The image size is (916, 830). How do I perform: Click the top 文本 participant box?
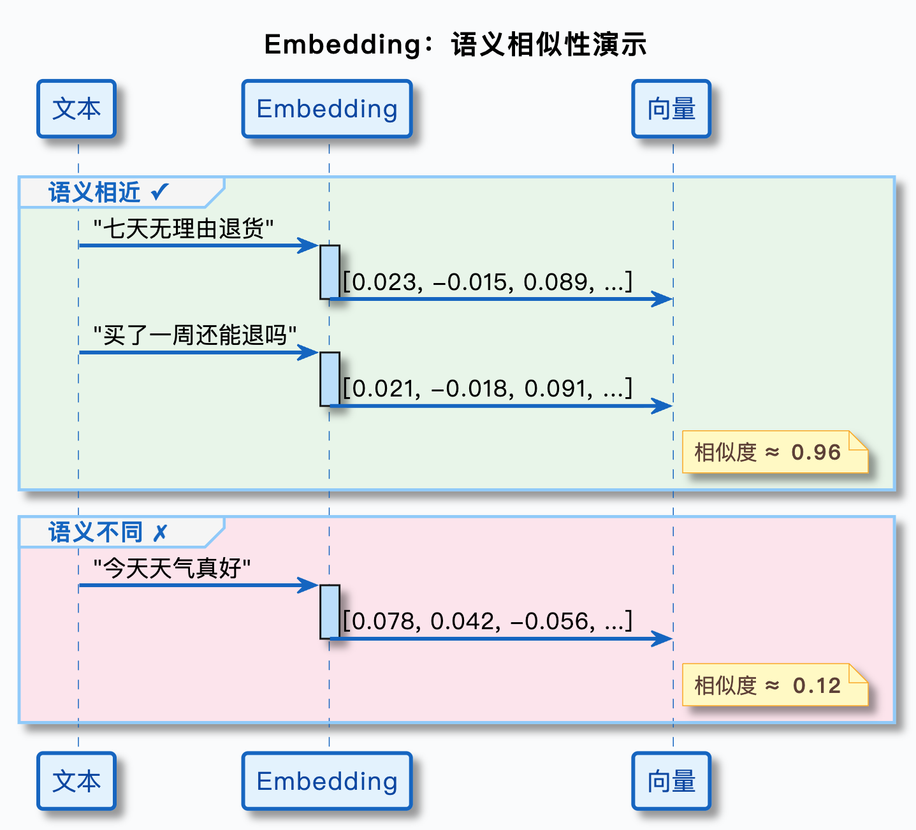76,109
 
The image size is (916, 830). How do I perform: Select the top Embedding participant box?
327,109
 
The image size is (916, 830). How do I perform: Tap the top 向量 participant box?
671,109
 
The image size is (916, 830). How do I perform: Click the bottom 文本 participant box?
76,781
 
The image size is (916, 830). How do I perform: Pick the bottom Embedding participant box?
327,781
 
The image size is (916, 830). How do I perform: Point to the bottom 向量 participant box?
671,781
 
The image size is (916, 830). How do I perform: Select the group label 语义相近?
94,193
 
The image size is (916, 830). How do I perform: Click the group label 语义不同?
96,532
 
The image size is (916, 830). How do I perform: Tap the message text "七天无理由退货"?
184,228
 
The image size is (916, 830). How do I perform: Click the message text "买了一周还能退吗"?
195,335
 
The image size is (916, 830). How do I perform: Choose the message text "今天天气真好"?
172,568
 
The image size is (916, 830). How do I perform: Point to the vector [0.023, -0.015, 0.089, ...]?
488,282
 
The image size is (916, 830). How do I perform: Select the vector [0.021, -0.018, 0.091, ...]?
488,388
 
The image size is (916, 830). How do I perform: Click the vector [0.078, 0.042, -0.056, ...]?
488,621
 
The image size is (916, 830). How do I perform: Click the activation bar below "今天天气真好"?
330,611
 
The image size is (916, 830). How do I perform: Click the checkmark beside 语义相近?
160,191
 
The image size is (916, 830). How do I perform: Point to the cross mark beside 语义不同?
160,532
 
